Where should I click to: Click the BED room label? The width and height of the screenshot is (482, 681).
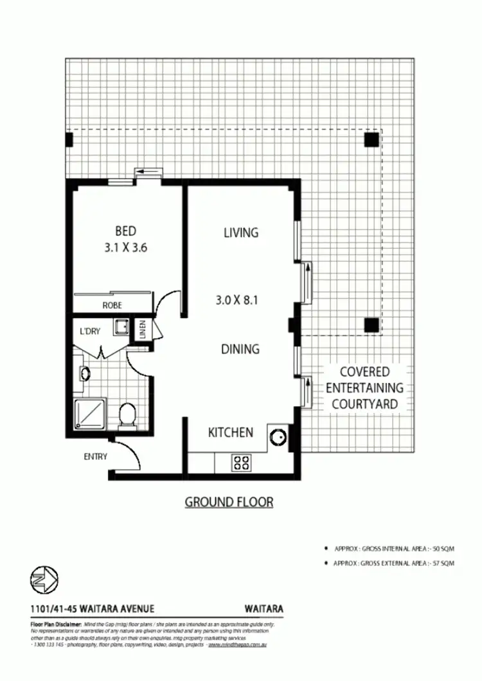pyautogui.click(x=126, y=231)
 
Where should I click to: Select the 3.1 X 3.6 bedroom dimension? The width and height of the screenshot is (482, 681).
pyautogui.click(x=126, y=247)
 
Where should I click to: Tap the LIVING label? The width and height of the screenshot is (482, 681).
pyautogui.click(x=241, y=233)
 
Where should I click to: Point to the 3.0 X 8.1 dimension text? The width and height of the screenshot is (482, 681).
pyautogui.click(x=237, y=299)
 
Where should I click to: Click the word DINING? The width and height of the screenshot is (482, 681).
pyautogui.click(x=240, y=349)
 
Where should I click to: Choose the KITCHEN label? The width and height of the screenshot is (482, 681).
pyautogui.click(x=231, y=432)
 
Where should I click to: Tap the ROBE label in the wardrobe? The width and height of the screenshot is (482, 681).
pyautogui.click(x=112, y=306)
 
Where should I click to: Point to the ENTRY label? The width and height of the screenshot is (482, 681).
pyautogui.click(x=95, y=457)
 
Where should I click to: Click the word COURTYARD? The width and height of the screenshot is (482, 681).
pyautogui.click(x=364, y=405)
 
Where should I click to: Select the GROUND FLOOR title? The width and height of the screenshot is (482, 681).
pyautogui.click(x=229, y=502)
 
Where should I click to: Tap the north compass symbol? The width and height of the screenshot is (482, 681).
pyautogui.click(x=44, y=581)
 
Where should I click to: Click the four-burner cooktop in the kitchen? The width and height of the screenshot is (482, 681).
pyautogui.click(x=242, y=463)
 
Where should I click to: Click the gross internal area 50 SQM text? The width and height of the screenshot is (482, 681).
pyautogui.click(x=394, y=549)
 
